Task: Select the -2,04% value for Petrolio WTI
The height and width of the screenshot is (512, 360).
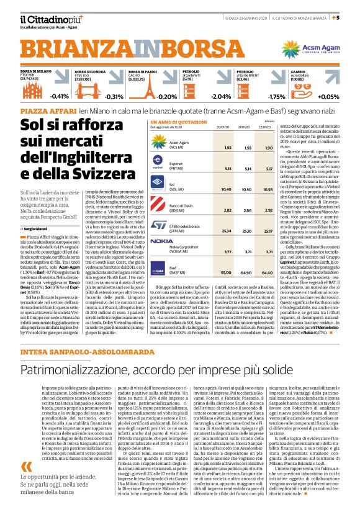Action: click(x=221, y=96)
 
